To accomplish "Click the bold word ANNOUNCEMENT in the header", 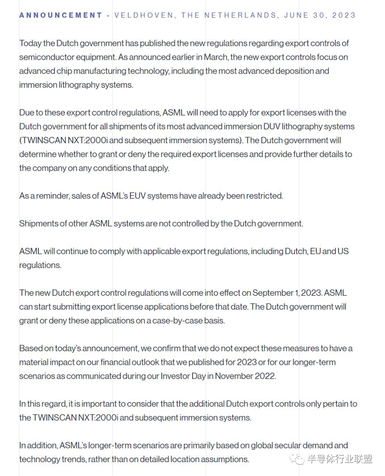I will pyautogui.click(x=61, y=15).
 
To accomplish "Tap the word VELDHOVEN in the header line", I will pyautogui.click(x=144, y=15).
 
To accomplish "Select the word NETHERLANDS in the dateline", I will pyautogui.click(x=240, y=15).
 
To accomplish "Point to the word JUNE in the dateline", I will pyautogui.click(x=296, y=15).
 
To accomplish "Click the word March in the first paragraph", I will pyautogui.click(x=216, y=57).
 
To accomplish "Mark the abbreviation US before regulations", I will pyautogui.click(x=343, y=252).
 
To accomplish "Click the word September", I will pyautogui.click(x=273, y=293).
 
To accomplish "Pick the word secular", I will pyautogui.click(x=284, y=446).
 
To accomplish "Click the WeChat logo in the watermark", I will pyautogui.click(x=297, y=459).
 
